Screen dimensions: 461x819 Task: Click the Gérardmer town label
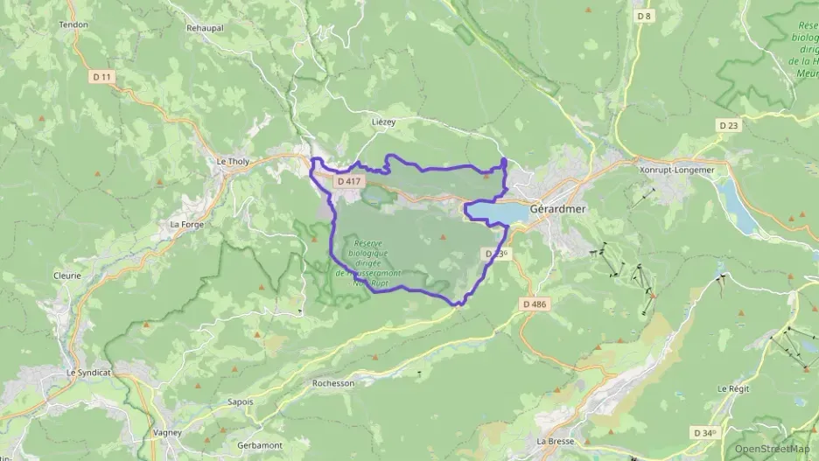(557, 210)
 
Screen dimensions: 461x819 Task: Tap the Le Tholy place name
(234, 161)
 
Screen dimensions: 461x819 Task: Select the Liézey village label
(385, 122)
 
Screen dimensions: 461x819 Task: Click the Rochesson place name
(333, 383)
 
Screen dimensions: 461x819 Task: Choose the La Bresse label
(555, 441)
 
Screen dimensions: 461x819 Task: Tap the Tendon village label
(73, 24)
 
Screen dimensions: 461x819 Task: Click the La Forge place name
(187, 224)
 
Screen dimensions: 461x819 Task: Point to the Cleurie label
(66, 275)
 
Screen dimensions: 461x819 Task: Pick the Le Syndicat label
(89, 372)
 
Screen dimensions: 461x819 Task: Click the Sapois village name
(238, 402)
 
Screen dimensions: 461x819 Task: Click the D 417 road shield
(348, 181)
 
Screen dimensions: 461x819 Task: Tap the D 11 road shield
(102, 77)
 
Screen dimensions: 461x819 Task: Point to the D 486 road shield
(534, 304)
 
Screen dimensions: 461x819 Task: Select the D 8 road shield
(645, 16)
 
